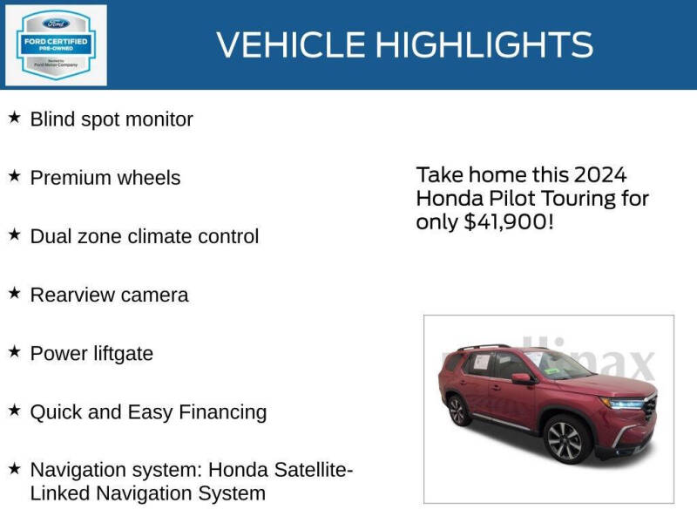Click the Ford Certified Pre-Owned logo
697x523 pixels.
tap(57, 44)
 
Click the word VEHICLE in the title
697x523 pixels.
tap(288, 44)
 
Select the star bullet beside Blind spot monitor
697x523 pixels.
tap(14, 118)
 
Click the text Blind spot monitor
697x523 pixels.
tap(112, 119)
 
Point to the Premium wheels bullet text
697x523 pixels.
tap(105, 178)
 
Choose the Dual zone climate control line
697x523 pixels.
tap(145, 236)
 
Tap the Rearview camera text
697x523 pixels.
tap(109, 295)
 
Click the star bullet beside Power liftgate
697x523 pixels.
tap(14, 351)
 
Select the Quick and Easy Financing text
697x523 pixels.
tap(148, 411)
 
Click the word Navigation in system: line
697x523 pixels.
tap(79, 470)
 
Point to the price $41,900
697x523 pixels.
tap(508, 222)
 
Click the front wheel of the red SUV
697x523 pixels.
tap(565, 438)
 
